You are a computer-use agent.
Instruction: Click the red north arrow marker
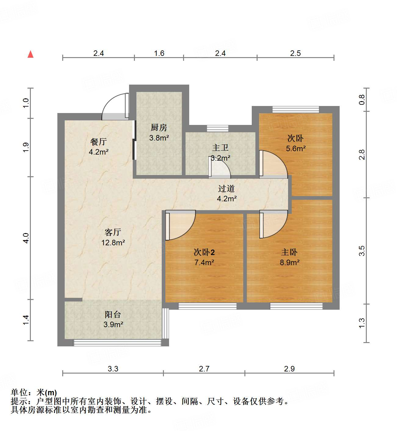tap(31, 54)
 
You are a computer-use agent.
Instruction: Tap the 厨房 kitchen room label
tap(159, 127)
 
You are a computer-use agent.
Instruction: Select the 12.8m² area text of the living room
tap(113, 243)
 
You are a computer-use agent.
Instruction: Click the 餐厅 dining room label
tap(99, 142)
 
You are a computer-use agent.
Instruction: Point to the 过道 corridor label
tap(226, 188)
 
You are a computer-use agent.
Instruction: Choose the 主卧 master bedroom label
tap(289, 252)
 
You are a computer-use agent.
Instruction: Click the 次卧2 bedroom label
tap(204, 252)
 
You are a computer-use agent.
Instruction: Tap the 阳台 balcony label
tap(113, 314)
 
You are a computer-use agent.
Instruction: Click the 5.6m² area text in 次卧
tap(296, 148)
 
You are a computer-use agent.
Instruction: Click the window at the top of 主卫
tap(218, 128)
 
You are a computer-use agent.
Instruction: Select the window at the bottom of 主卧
tap(296, 306)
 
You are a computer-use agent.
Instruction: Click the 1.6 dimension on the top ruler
tap(159, 53)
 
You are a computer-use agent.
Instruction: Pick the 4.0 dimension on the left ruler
tap(26, 238)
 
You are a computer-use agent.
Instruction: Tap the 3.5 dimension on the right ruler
tap(362, 251)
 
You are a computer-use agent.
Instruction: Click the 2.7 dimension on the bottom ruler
tap(204, 369)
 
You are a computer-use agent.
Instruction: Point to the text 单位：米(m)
tap(34, 393)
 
